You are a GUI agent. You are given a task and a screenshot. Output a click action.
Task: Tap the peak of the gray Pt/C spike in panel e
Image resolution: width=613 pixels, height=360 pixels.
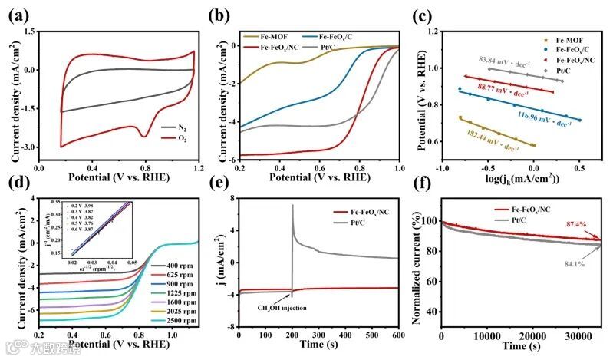click(293, 205)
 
